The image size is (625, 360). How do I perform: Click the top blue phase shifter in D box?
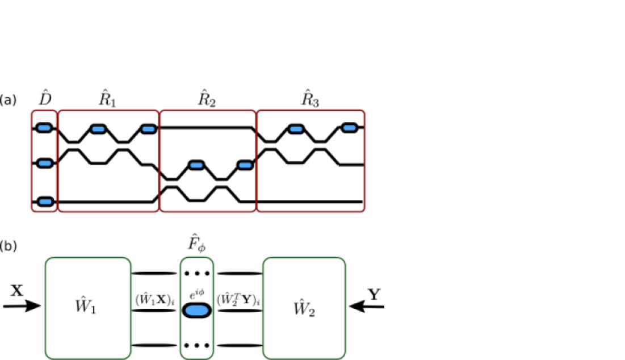click(45, 128)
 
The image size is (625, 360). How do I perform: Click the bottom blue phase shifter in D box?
click(45, 202)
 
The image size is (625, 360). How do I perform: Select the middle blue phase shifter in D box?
click(45, 164)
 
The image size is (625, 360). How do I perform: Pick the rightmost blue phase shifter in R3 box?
click(349, 128)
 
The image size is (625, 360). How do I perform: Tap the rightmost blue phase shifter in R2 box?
click(245, 165)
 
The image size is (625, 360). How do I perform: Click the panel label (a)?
click(8, 101)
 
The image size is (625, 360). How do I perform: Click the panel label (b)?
click(8, 246)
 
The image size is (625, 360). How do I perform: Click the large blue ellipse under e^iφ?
click(197, 310)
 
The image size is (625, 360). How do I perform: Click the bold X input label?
click(18, 291)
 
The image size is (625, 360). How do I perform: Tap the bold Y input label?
click(374, 294)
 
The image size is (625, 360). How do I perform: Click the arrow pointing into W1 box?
click(23, 307)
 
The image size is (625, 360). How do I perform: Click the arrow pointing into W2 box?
click(367, 307)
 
